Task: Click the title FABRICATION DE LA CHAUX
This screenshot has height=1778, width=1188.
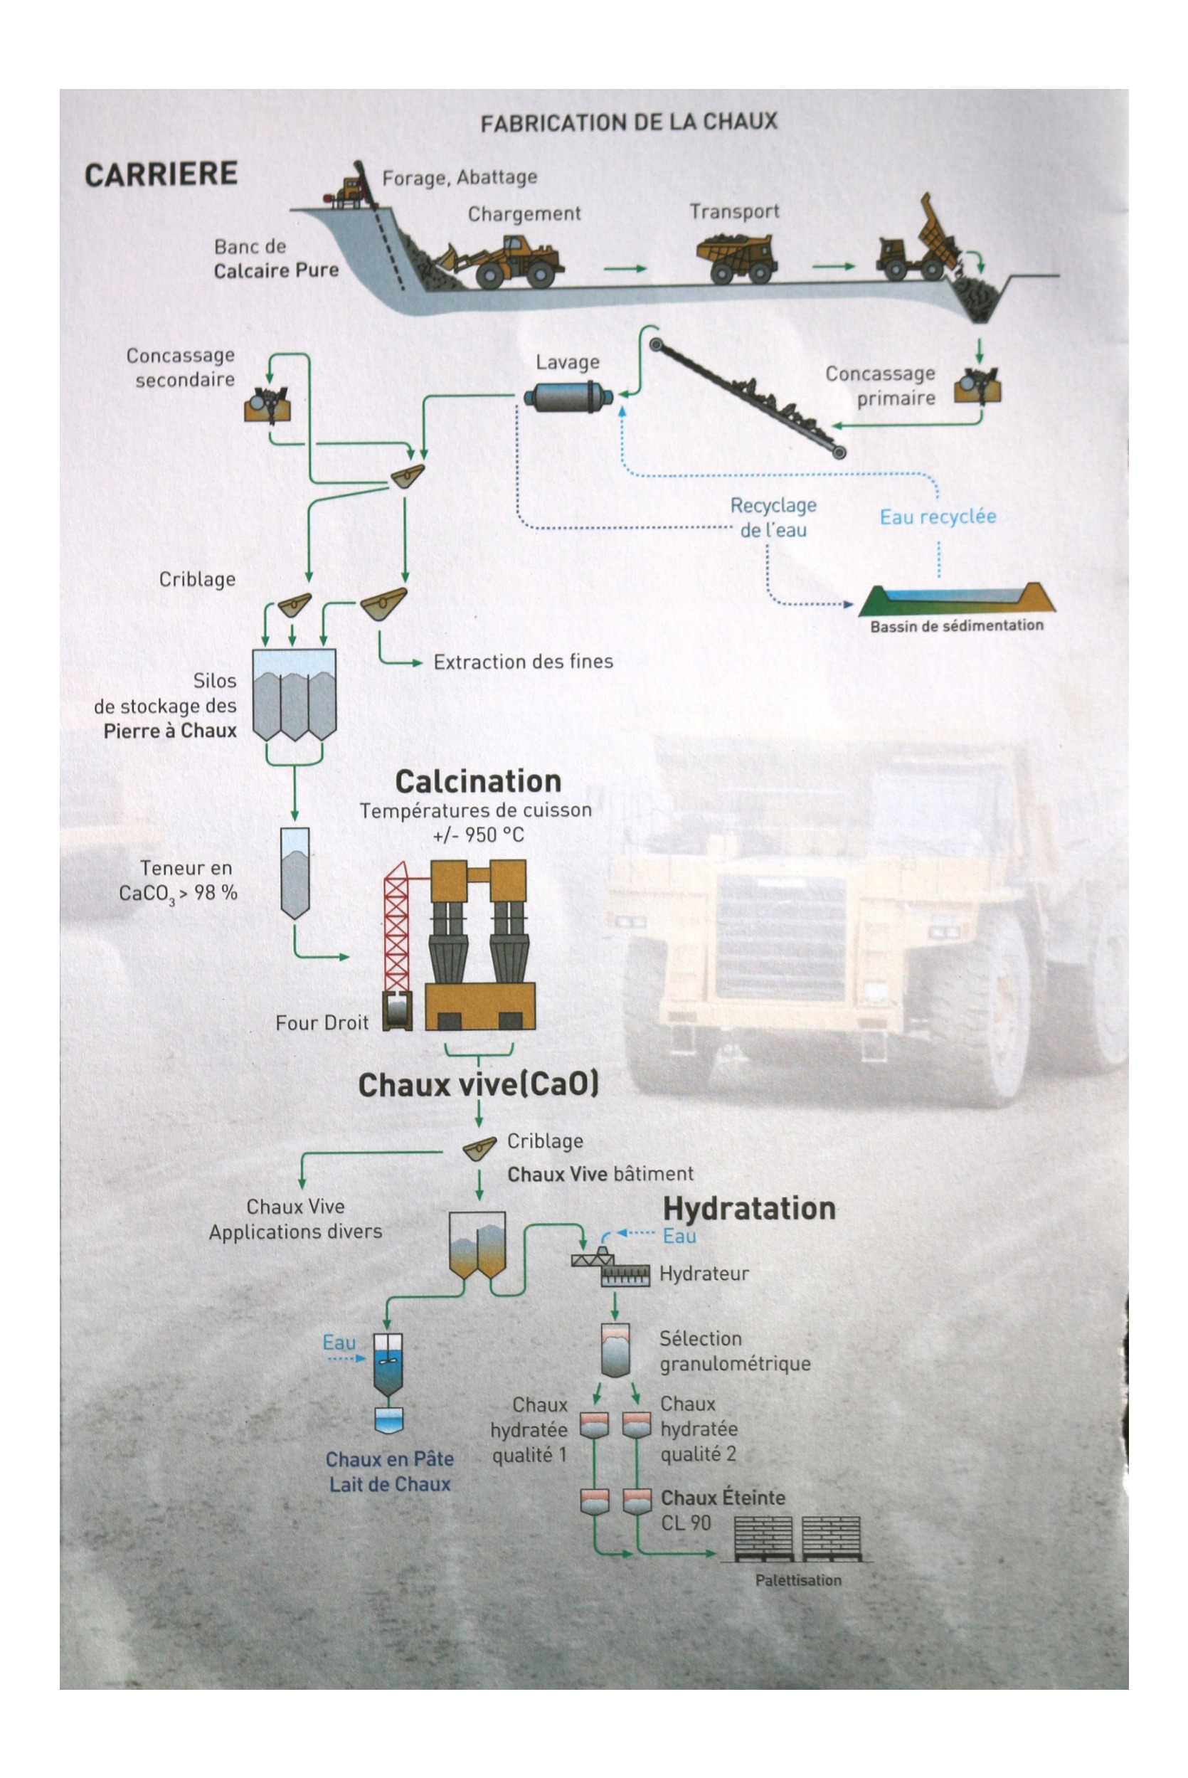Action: point(629,122)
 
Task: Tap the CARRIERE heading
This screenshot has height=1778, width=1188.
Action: point(161,174)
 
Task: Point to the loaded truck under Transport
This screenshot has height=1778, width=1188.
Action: point(736,257)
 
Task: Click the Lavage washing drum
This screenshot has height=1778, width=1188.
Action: point(568,396)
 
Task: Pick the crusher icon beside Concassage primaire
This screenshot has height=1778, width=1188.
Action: point(977,386)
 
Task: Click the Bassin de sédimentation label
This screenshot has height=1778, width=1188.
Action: point(956,625)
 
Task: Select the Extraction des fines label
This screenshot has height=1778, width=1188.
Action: point(523,662)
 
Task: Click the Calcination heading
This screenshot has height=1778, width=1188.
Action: point(478,781)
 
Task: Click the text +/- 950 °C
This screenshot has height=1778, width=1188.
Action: point(478,835)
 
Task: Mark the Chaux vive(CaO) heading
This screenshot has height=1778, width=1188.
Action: point(478,1084)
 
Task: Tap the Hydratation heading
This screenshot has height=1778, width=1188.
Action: point(749,1207)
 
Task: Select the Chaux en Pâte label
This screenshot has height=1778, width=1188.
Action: point(389,1459)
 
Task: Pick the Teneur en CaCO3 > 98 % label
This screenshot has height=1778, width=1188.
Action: point(179,880)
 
